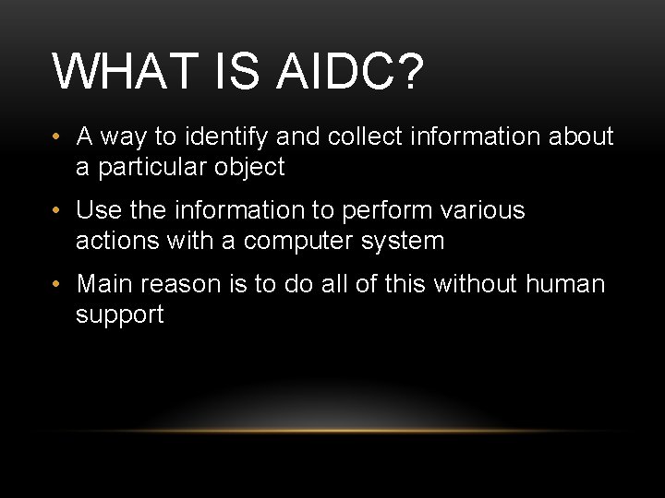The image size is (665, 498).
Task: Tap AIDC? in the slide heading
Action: point(350,72)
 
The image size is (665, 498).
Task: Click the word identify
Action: point(225,137)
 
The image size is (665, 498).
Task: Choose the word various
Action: point(484,210)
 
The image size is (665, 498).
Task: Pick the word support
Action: point(119,315)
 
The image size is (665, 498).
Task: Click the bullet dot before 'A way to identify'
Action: point(57,137)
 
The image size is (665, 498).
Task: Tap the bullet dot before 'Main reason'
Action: point(57,285)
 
